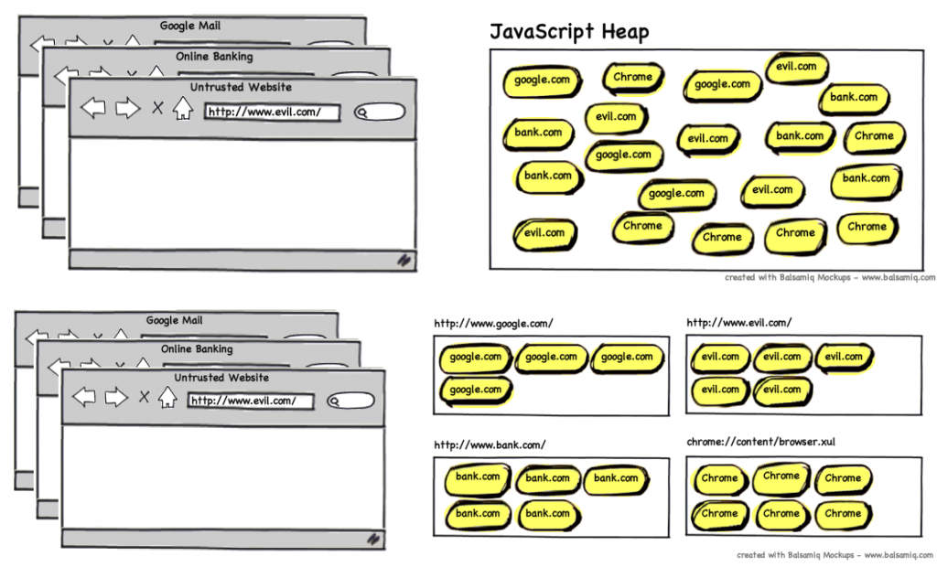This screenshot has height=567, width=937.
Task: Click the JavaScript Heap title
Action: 569,32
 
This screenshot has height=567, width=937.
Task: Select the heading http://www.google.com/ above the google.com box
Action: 493,323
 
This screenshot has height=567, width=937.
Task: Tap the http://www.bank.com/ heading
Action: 490,445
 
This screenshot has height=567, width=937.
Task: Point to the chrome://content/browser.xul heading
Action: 760,443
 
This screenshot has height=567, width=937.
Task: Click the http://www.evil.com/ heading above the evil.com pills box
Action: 738,323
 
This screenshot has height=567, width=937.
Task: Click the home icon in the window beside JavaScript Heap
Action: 183,109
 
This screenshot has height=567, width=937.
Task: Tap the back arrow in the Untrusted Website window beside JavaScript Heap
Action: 93,109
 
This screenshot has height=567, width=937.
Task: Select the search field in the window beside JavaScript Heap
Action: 380,112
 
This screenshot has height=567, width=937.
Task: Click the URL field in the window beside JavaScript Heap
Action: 271,112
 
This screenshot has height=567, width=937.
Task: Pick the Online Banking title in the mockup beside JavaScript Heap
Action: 214,57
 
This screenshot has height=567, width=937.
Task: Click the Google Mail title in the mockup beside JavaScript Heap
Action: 189,26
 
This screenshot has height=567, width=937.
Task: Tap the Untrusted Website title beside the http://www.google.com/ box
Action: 221,377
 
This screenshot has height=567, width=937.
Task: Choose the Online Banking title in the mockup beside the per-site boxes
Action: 197,348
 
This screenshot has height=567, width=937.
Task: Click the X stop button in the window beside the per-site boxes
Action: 144,397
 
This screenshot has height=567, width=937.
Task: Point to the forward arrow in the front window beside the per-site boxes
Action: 115,397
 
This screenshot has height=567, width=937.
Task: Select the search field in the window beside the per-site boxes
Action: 350,401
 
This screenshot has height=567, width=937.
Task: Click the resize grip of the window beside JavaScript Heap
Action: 403,260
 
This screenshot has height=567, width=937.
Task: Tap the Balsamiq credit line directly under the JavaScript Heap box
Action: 830,277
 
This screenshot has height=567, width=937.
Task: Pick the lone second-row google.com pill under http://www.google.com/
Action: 475,390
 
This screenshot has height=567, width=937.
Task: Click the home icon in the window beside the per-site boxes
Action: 167,398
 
